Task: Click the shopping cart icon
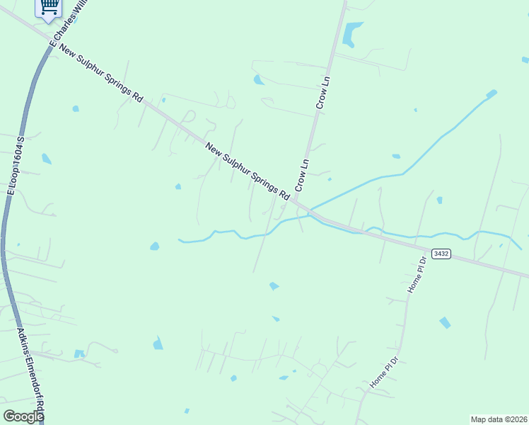pos(49,8)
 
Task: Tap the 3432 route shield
pos(441,254)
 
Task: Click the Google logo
pos(23,416)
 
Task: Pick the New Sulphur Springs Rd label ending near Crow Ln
pos(248,171)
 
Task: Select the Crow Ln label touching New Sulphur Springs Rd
pos(302,174)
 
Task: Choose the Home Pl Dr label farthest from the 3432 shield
pos(385,372)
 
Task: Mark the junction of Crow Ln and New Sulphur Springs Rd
pos(295,200)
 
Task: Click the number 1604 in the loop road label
pos(16,157)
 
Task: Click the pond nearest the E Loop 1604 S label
pos(46,159)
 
